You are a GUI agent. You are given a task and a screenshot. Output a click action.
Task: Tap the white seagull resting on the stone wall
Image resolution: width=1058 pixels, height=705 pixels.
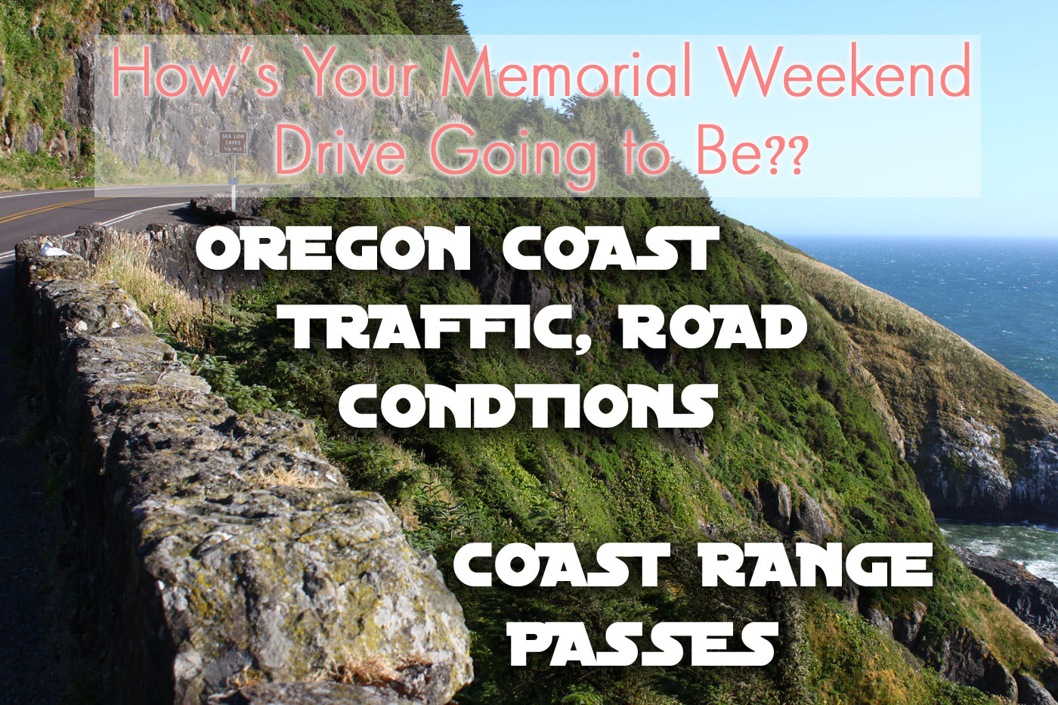coord(53,250)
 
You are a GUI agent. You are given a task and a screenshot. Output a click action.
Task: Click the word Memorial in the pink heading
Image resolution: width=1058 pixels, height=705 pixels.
coord(566,70)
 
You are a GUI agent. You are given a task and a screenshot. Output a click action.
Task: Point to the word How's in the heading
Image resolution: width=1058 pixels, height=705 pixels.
coord(196,71)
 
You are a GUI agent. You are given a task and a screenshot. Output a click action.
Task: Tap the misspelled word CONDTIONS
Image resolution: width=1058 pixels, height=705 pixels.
coord(527,406)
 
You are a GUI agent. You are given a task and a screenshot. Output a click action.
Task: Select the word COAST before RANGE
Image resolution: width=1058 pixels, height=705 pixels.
coord(561,564)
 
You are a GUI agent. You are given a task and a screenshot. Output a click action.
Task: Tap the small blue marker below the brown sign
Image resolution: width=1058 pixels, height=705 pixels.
coord(233,181)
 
